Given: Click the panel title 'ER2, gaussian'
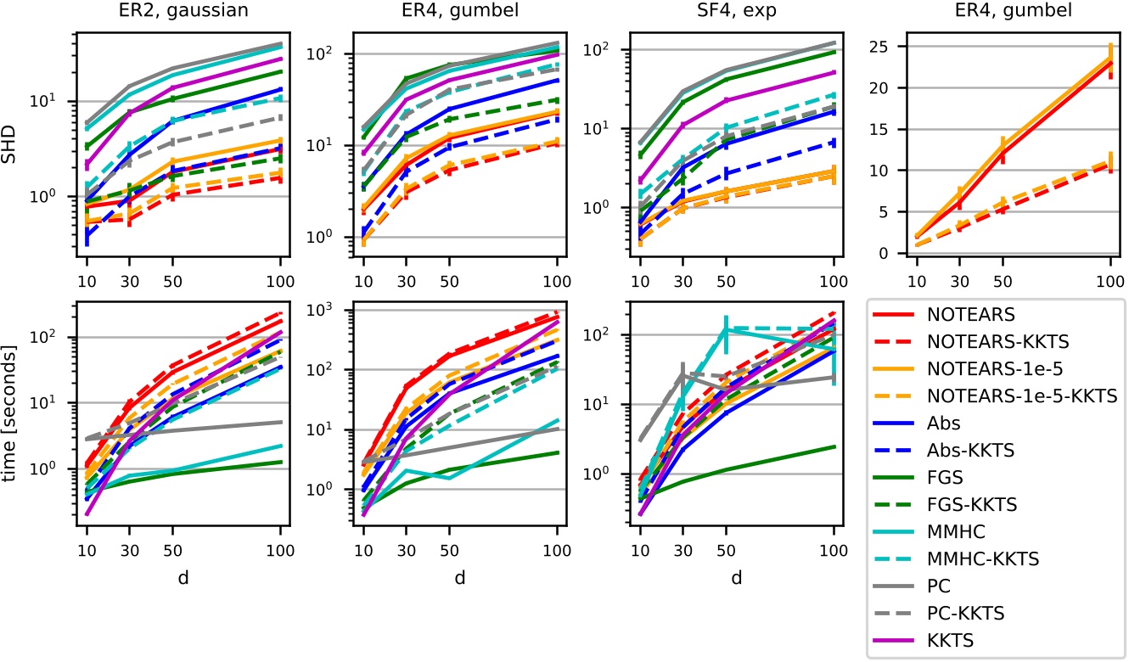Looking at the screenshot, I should coord(179,14).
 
